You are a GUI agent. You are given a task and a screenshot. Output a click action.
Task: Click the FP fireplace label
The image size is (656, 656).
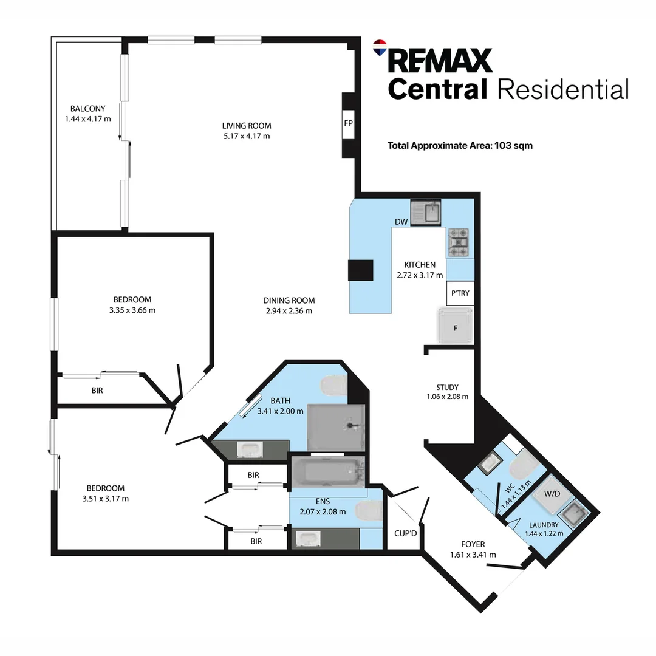(348, 123)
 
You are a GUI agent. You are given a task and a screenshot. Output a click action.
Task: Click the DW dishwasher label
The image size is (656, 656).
(401, 222)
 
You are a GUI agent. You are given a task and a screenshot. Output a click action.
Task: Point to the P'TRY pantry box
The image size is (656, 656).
(460, 293)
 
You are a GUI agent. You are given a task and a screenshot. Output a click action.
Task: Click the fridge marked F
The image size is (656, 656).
(456, 326)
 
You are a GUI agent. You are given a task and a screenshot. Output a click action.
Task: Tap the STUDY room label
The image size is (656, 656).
(447, 387)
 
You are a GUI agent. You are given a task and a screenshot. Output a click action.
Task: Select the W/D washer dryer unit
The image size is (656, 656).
(552, 494)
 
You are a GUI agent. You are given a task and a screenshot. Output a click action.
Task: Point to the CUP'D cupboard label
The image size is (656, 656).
(406, 533)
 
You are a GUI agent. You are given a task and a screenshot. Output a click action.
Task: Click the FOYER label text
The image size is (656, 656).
(473, 544)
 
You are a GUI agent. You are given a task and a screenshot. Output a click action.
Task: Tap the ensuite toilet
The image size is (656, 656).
(368, 512)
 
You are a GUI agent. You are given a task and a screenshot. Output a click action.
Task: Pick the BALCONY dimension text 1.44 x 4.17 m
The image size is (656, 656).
(87, 119)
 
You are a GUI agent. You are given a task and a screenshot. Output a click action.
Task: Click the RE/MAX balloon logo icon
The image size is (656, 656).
(380, 47)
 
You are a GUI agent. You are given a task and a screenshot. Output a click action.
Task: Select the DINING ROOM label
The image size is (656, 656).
(289, 300)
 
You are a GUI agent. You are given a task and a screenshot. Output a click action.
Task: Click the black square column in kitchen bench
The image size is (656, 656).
(360, 270)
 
